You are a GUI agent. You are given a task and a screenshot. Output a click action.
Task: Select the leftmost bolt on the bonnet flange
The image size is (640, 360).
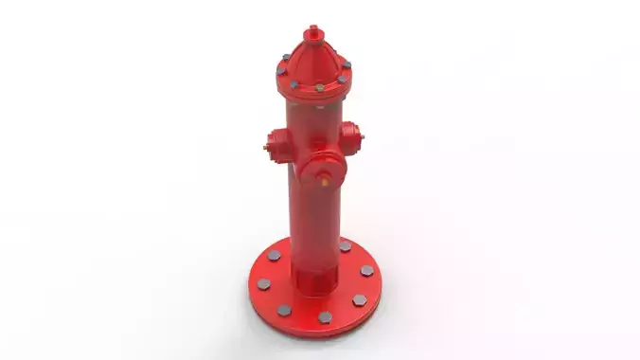pyautogui.click(x=281, y=70)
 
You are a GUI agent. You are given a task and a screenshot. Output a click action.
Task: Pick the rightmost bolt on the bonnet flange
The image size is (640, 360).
pyautogui.click(x=347, y=64)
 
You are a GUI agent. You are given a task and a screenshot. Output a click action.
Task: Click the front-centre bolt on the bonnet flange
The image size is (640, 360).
pyautogui.click(x=319, y=87)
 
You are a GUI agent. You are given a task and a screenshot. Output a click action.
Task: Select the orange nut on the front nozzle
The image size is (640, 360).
pyautogui.click(x=325, y=175)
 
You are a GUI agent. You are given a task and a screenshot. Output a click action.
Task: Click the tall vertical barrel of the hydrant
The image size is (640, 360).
pyautogui.click(x=315, y=218)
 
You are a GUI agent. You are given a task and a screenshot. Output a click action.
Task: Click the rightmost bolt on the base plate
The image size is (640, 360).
pyautogui.click(x=367, y=271)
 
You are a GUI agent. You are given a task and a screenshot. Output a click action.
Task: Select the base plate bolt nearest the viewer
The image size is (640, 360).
pyautogui.click(x=325, y=317)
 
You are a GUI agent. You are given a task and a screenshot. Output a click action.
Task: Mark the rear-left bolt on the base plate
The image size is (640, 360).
pyautogui.click(x=275, y=257)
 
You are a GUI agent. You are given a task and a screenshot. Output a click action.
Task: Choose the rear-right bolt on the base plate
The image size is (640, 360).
pyautogui.click(x=345, y=246)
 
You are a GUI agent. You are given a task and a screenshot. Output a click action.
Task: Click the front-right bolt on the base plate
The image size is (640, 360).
pyautogui.click(x=360, y=299)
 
